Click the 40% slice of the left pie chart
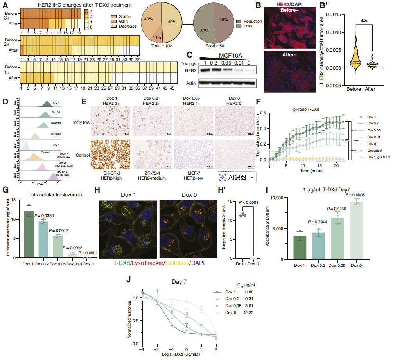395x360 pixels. coord(151,20)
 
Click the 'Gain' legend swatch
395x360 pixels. coord(114,22)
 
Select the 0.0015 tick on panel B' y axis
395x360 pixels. coord(333,14)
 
